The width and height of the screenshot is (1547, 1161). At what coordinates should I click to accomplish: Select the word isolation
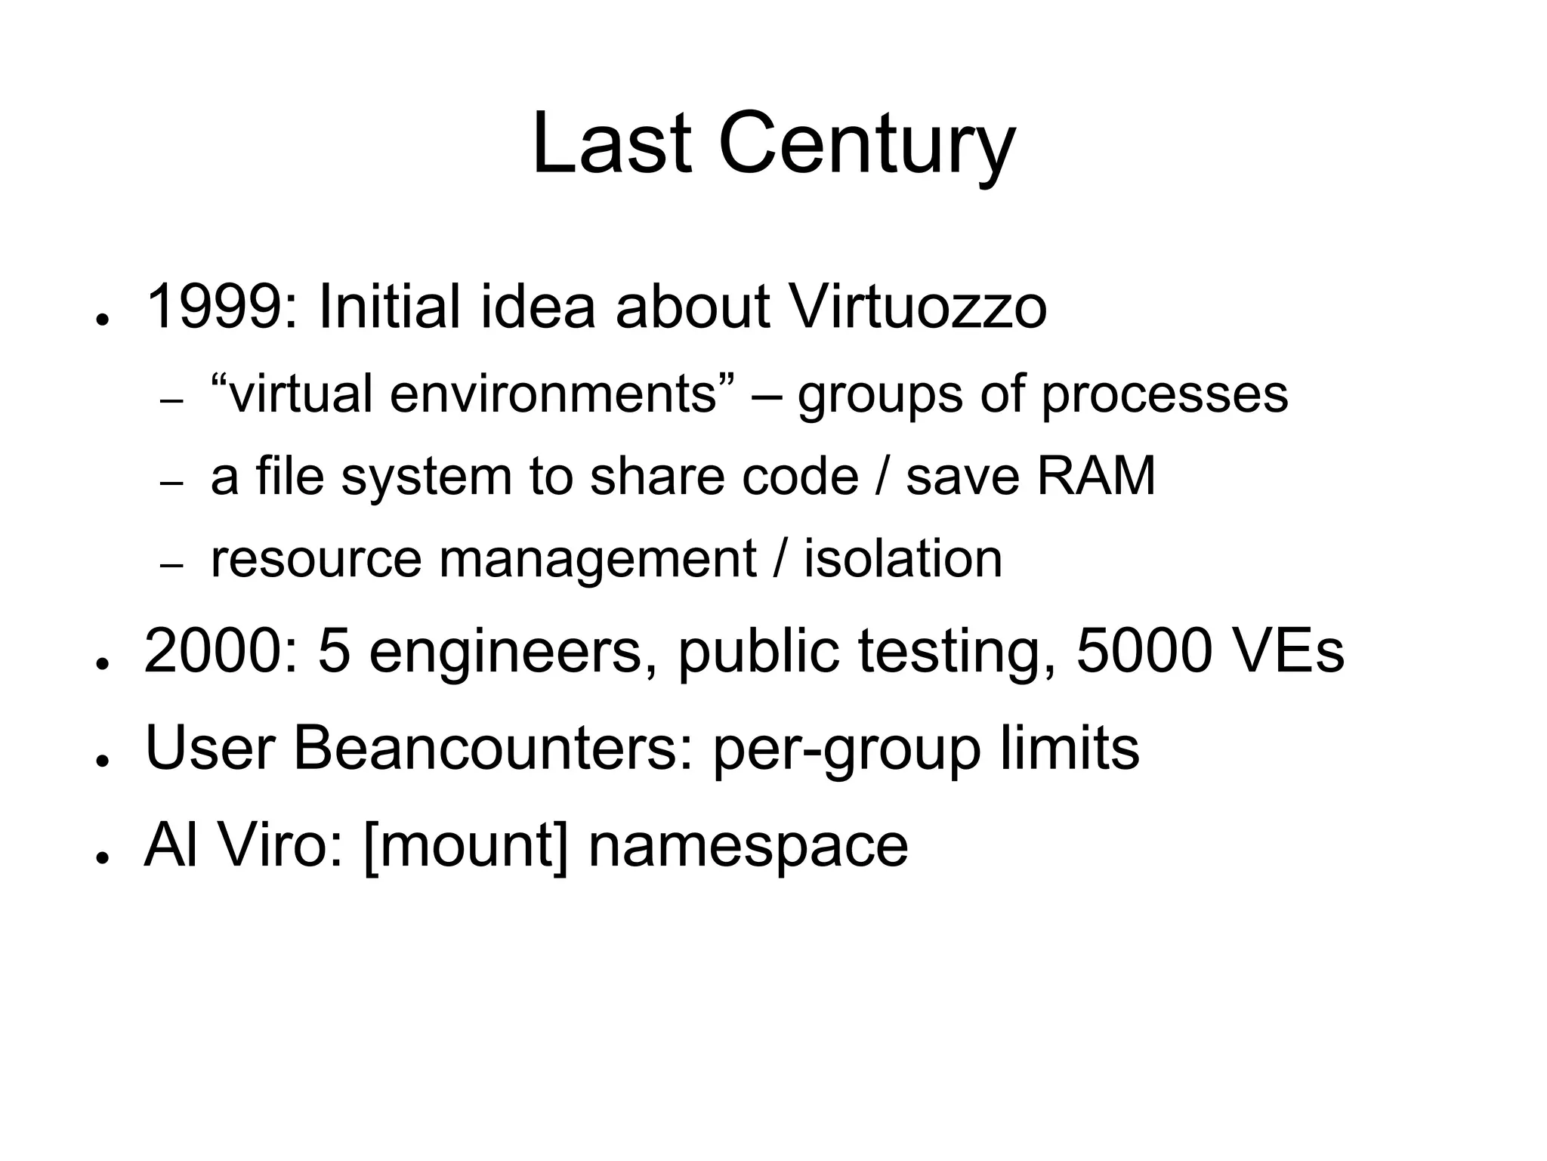(903, 559)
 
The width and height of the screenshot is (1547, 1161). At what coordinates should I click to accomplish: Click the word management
(597, 559)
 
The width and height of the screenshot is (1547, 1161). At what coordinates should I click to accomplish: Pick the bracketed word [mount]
(465, 846)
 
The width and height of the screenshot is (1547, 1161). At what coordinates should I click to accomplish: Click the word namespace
(748, 846)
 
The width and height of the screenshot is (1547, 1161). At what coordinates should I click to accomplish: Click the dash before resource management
(172, 566)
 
